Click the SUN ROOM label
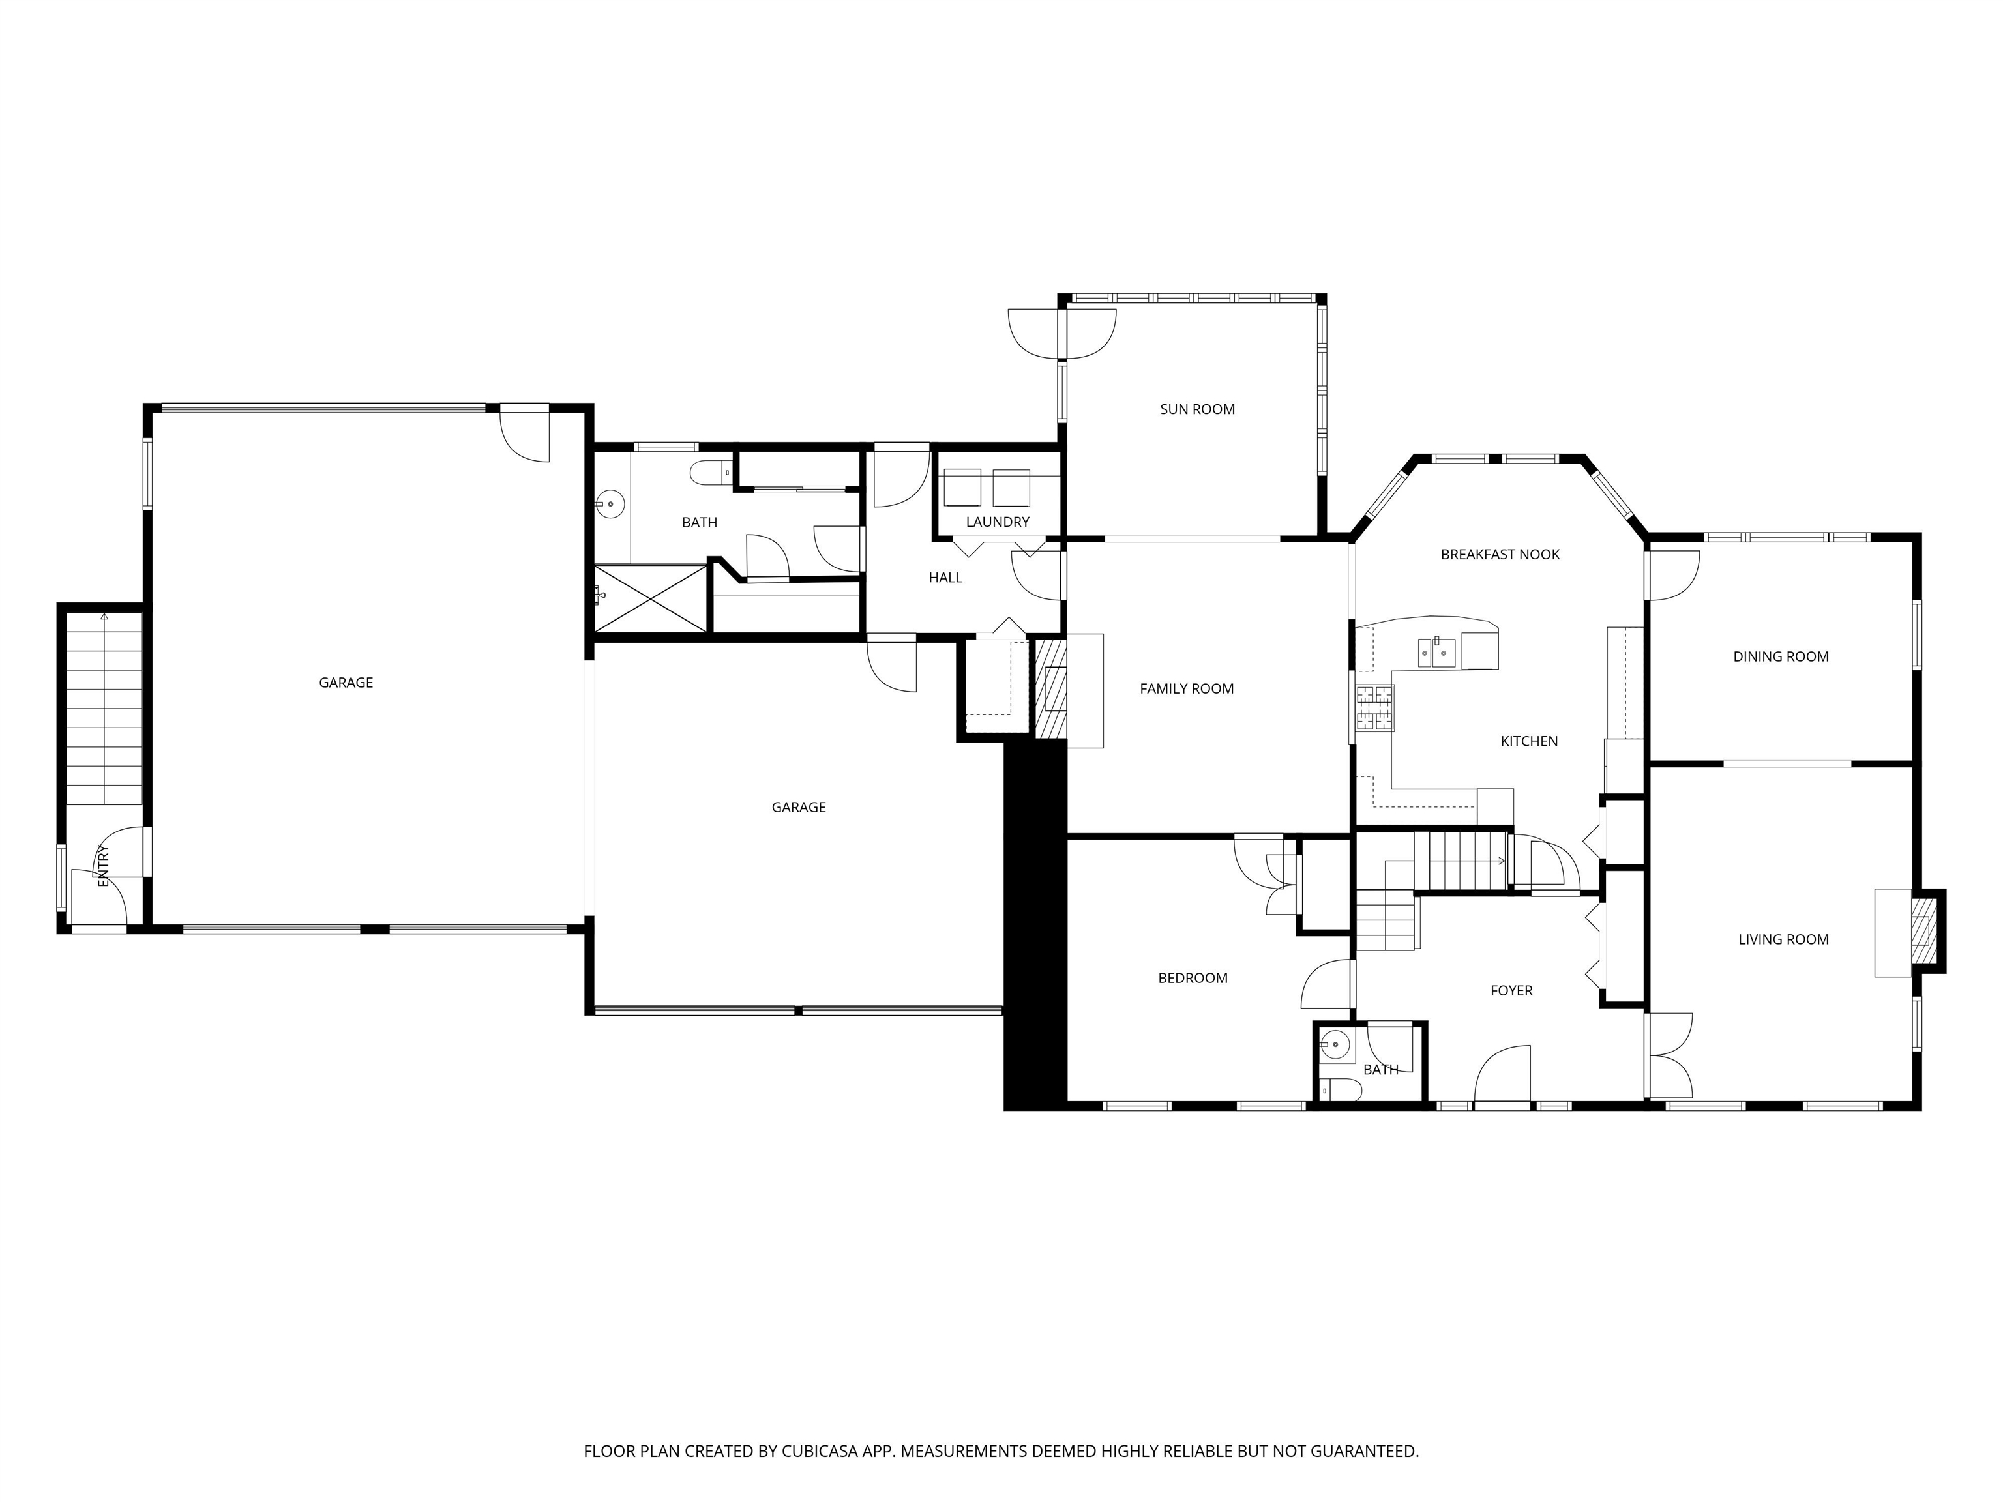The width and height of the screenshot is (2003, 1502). [x=1197, y=409]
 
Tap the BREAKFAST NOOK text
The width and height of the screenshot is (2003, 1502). [x=1500, y=554]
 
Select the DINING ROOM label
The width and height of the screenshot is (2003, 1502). [x=1780, y=656]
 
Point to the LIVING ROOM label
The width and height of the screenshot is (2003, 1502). [x=1783, y=940]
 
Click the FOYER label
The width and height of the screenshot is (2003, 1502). [x=1511, y=990]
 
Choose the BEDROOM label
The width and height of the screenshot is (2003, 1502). [x=1193, y=978]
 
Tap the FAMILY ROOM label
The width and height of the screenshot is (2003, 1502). [x=1186, y=689]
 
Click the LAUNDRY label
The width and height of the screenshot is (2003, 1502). [x=997, y=522]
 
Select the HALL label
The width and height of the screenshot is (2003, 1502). [x=945, y=578]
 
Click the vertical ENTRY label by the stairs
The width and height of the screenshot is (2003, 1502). [x=103, y=866]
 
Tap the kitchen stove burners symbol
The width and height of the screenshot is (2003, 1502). [x=1374, y=708]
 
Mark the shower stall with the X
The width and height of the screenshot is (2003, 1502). [x=650, y=598]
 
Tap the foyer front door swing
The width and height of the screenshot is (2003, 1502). [x=1502, y=1076]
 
